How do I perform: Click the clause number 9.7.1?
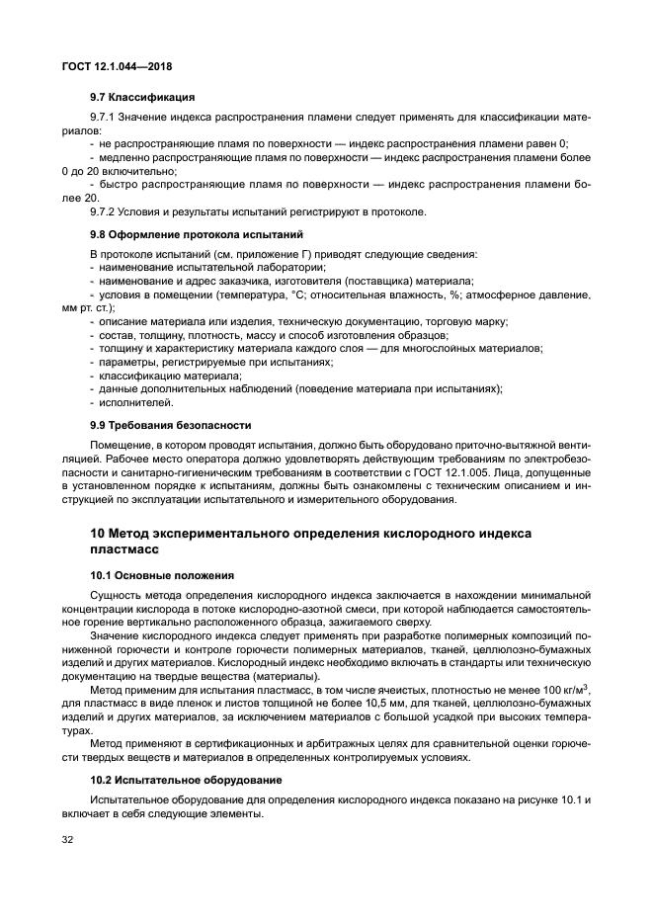pyautogui.click(x=104, y=117)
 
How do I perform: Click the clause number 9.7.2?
pyautogui.click(x=104, y=211)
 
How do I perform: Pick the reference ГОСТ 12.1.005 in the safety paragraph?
pyautogui.click(x=465, y=472)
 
